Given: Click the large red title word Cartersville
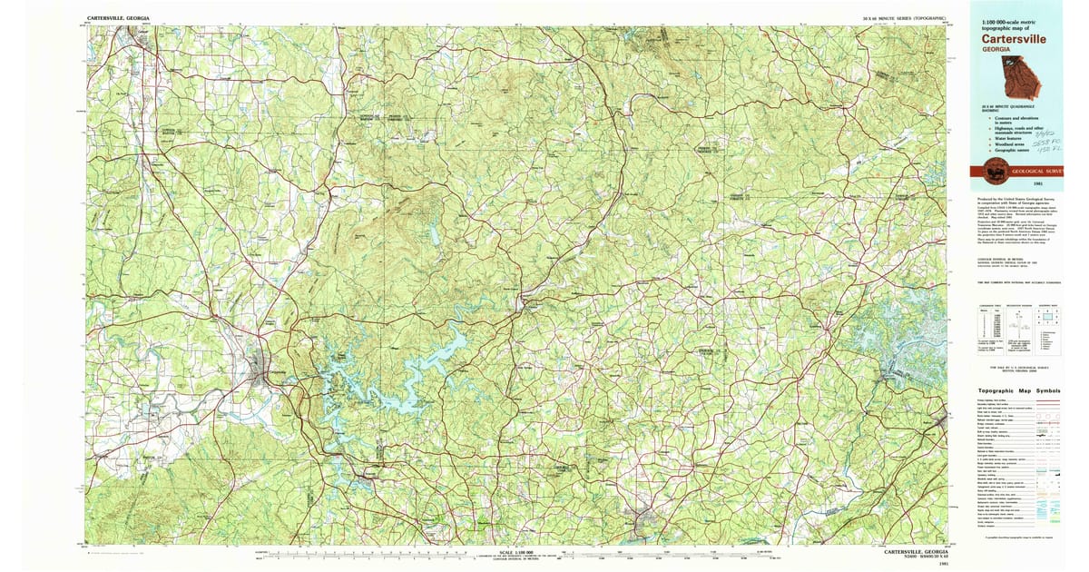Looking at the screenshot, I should [1012, 39].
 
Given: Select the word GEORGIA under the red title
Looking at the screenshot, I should [995, 50].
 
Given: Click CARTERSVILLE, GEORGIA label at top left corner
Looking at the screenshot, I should [119, 18].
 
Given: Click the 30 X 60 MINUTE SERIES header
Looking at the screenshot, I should [904, 18].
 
